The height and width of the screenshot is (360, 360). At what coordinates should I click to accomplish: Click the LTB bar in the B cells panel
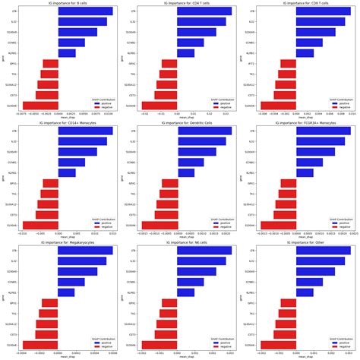tap(85, 11)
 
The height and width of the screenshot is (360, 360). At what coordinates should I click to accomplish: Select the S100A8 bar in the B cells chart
tap(39, 106)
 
